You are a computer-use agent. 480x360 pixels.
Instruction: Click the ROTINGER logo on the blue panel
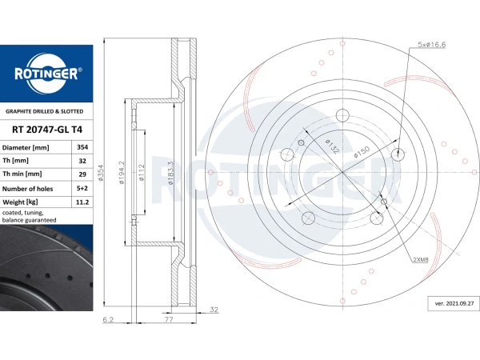coord(46,74)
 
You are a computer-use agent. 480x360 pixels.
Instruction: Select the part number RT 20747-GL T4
coord(47,130)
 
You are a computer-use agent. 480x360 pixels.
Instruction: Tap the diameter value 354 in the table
coord(82,147)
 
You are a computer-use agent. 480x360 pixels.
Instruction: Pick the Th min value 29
coord(82,174)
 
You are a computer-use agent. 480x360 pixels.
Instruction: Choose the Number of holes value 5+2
coord(82,188)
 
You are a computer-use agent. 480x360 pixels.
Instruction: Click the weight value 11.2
coord(82,202)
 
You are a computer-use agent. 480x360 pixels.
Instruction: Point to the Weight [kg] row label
coord(20,202)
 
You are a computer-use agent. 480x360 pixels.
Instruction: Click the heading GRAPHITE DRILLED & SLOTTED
coord(44,111)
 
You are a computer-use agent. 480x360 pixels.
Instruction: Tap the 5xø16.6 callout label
coord(432,44)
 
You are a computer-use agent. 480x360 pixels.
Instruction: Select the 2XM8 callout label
coord(421,259)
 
